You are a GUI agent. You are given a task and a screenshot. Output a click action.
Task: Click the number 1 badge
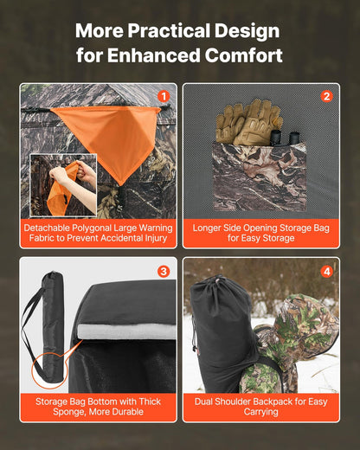(x=163, y=96)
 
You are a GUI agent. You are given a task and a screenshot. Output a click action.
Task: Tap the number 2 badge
(x=326, y=96)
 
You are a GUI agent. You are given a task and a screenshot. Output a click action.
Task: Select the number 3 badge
(x=163, y=271)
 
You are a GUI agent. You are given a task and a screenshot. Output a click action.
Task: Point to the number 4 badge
(x=326, y=271)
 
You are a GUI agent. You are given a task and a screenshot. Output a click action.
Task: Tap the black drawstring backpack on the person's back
(x=223, y=333)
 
